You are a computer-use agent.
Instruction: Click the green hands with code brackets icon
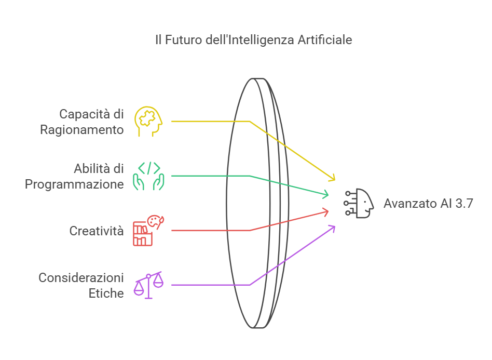(x=148, y=176)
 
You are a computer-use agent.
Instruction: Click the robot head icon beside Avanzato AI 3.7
(x=359, y=203)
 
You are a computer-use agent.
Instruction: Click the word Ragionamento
(x=82, y=130)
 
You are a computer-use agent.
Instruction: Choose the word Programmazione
(x=75, y=184)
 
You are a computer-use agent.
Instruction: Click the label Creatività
(x=97, y=231)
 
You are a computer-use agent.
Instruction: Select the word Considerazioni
(x=81, y=278)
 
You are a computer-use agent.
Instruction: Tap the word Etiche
(x=106, y=293)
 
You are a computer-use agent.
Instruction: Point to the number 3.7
(x=464, y=203)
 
